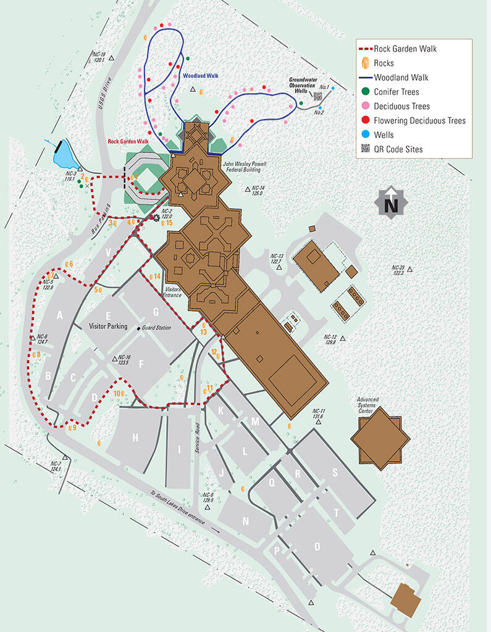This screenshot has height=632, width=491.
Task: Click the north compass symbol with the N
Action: click(391, 204)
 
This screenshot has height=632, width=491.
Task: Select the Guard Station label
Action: click(156, 328)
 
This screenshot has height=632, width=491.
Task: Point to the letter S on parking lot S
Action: click(335, 473)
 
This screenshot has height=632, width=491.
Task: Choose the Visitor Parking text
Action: click(108, 326)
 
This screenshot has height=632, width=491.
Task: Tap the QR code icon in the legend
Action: click(365, 149)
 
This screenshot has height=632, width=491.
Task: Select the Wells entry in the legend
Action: click(384, 135)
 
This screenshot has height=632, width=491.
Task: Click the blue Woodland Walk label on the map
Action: click(201, 76)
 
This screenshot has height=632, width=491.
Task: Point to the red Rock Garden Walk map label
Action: click(128, 141)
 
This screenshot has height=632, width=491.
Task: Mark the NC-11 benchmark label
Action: click(319, 414)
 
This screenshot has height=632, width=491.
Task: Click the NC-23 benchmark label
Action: click(398, 270)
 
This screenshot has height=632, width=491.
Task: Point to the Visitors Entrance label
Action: click(171, 291)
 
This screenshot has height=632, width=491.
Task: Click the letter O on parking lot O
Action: click(317, 546)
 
